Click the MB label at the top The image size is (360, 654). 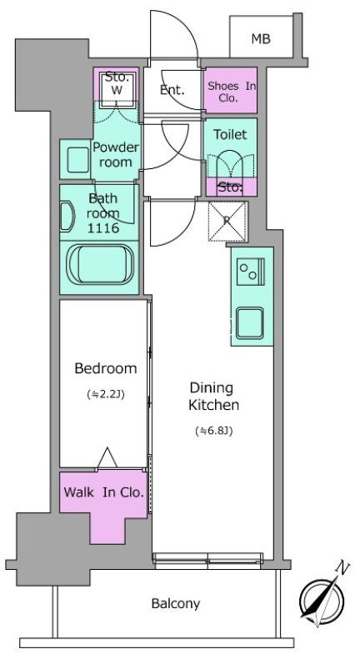coord(261,39)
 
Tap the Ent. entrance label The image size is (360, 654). coord(172,90)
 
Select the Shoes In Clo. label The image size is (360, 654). coord(232,92)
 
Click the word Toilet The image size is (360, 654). coord(230,134)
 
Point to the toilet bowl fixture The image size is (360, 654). coord(230,165)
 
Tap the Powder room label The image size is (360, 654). coord(116,154)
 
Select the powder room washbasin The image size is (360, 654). coord(78,160)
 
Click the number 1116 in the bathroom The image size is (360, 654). coord(102,227)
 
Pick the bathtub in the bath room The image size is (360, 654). coord(100,264)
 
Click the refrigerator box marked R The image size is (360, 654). coord(227,222)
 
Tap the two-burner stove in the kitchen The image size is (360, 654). coord(250,272)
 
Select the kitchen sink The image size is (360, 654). coord(249,323)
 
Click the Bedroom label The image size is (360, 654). coord(106,368)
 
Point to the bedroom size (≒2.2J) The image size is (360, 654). coord(106,393)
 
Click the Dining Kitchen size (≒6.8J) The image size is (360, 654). coord(213,431)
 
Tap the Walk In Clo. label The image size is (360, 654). coord(103,492)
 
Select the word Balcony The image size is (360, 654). coord(176,603)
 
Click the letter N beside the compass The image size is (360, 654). coord(342,567)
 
